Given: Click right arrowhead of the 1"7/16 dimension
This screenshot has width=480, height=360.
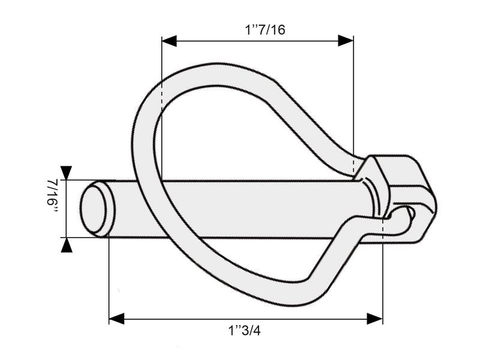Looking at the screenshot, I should coord(346,41).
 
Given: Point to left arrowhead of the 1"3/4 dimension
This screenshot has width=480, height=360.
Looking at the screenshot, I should coord(116,319).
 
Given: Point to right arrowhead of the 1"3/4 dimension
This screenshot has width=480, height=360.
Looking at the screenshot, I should coord(375,319).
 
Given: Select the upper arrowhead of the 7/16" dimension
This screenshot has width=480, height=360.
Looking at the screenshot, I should coord(66,172).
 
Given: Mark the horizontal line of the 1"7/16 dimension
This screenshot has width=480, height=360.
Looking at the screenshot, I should coord(258,41).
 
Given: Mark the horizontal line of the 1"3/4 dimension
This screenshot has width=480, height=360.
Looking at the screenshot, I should coord(246,319).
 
